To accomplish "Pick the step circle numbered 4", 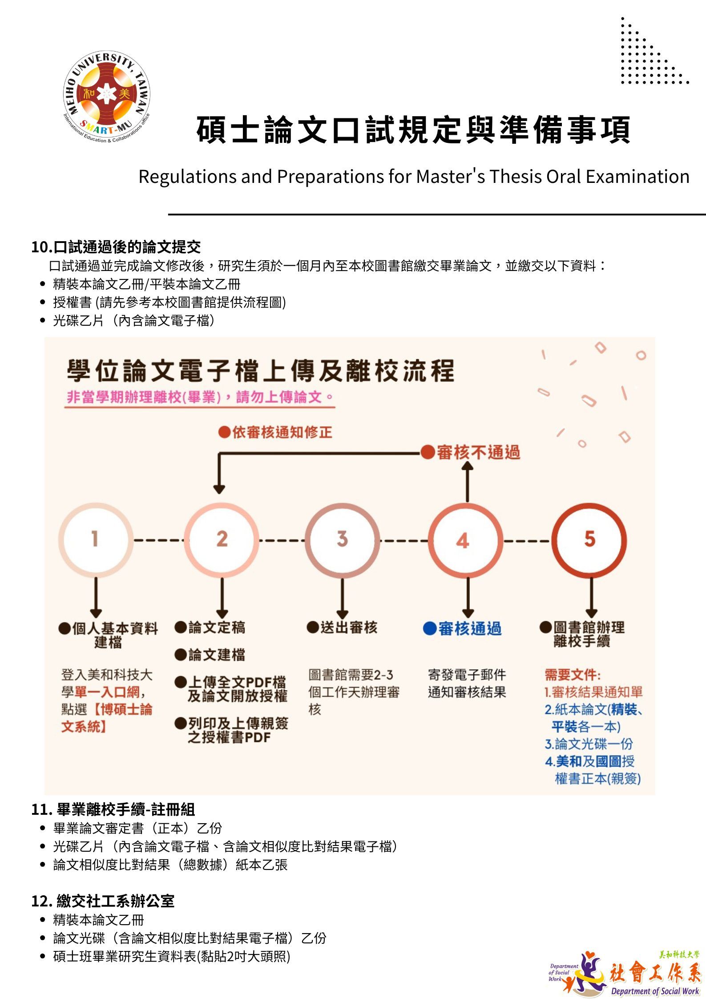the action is pos(465,540).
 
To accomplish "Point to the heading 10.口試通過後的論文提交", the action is pos(116,247).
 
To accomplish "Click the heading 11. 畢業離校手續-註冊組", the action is pos(113,809).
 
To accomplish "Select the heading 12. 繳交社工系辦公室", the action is pos(103,901).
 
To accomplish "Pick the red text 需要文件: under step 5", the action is pos(572,675).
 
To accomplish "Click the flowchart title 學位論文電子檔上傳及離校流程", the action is pos(261,371).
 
